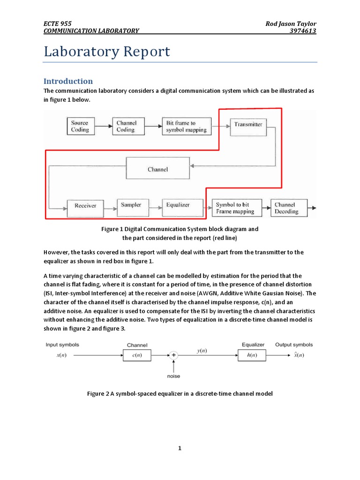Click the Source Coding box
(80, 127)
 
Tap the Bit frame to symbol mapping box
(186, 127)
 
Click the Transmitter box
(248, 125)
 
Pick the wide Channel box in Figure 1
(157, 169)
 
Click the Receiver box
(85, 206)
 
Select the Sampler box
(131, 205)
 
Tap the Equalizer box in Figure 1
(177, 205)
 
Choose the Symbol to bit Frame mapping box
(235, 208)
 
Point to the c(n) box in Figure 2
(136, 355)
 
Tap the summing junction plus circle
(174, 355)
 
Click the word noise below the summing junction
(173, 376)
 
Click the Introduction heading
(68, 81)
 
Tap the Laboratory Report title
(107, 52)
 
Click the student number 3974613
(303, 31)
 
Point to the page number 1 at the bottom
(180, 448)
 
